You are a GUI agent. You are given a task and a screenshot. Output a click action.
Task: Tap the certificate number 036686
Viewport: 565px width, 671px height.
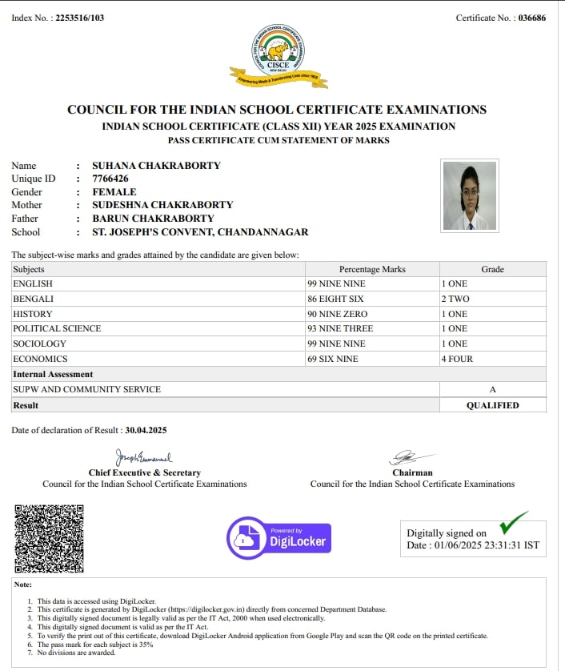(x=531, y=18)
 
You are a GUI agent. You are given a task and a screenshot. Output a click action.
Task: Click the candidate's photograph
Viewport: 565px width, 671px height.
(x=470, y=195)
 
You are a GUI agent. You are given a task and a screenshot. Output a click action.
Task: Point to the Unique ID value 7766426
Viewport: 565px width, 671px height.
(x=110, y=179)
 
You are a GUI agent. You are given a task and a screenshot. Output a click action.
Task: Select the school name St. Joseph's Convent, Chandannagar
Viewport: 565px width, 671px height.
(x=200, y=232)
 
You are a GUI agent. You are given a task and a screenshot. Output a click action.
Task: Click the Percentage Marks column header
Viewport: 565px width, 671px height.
(x=372, y=269)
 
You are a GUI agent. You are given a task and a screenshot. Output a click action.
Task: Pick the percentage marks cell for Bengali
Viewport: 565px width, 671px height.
(x=337, y=299)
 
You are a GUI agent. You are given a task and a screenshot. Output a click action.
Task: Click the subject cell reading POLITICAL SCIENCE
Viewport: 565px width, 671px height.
(x=58, y=328)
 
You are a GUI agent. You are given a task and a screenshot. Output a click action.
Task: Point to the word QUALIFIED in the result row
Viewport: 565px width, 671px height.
(x=492, y=405)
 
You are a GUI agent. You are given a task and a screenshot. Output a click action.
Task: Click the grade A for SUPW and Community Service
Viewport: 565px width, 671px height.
(x=492, y=389)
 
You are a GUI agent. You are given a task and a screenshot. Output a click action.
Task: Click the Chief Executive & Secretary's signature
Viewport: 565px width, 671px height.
(x=144, y=458)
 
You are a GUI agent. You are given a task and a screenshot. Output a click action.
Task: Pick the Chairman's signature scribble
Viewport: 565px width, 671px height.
(x=412, y=458)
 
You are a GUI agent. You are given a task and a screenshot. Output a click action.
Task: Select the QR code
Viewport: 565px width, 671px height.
(x=49, y=538)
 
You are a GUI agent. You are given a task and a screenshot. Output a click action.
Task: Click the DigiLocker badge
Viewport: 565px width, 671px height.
(x=278, y=537)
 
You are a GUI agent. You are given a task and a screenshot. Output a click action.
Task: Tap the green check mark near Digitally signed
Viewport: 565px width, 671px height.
(x=513, y=523)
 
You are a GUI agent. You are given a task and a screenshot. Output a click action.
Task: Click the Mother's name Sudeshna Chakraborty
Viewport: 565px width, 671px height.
(x=162, y=205)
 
